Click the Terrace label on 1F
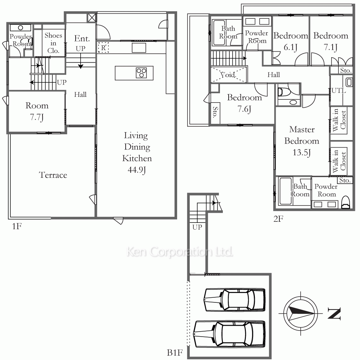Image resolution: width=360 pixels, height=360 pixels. tap(53, 175)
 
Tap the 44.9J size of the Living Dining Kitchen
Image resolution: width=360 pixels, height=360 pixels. tap(137, 170)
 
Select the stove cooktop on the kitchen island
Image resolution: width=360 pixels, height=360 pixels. tap(141, 73)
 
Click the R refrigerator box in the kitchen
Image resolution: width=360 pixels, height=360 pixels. tap(103, 48)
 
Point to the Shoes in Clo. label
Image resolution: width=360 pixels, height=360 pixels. tap(53, 43)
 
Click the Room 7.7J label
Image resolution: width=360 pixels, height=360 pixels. tap(37, 111)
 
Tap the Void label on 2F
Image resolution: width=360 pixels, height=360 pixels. tap(228, 75)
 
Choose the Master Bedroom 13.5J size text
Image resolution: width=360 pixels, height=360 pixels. tap(302, 152)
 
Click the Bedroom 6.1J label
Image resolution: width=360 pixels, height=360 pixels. tap(291, 41)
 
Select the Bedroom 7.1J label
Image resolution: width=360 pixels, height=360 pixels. tap(330, 41)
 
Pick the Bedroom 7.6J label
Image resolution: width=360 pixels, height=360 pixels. tap(244, 103)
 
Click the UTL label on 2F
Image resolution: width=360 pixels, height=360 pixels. tap(339, 90)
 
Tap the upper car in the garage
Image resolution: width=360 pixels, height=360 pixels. tap(235, 300)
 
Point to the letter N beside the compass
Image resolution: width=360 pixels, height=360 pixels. tap(334, 314)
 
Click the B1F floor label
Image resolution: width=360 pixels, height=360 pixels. tap(175, 352)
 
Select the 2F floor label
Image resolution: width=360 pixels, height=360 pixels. tap(278, 219)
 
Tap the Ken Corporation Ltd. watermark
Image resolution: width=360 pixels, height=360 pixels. tap(180, 252)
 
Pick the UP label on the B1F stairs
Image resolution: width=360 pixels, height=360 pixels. tap(197, 227)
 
